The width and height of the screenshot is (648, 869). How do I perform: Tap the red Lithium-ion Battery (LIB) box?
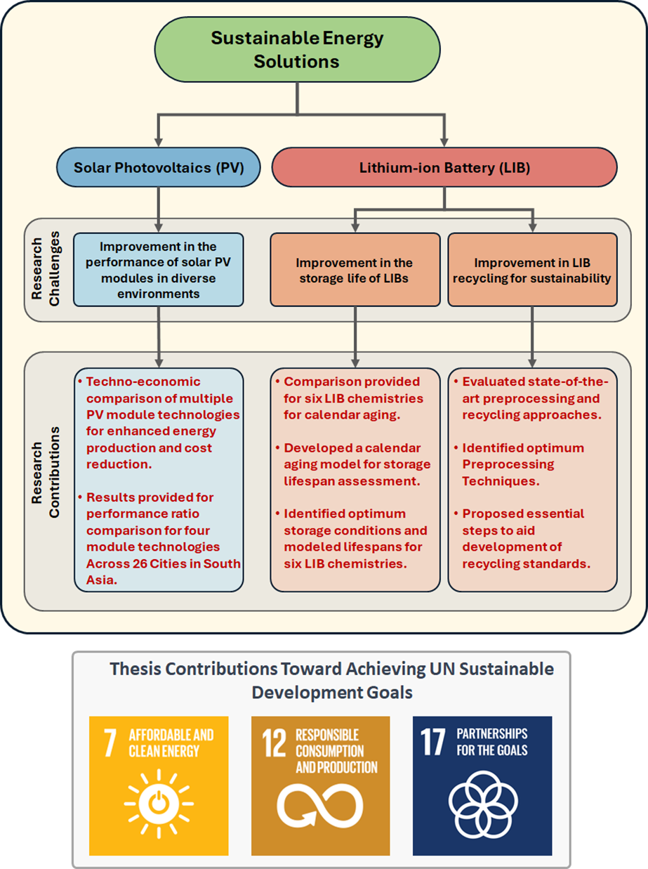(444, 169)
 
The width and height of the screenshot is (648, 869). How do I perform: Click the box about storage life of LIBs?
(355, 270)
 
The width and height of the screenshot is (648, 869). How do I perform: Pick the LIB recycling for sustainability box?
(532, 270)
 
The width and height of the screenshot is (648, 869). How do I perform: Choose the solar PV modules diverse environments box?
(159, 270)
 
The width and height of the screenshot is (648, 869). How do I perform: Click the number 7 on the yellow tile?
(110, 743)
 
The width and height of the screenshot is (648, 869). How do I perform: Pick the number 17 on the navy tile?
(433, 743)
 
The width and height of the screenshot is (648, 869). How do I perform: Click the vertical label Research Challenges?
(44, 269)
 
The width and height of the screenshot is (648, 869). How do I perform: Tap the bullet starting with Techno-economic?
(160, 422)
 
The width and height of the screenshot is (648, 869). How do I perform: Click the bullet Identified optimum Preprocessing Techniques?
(522, 464)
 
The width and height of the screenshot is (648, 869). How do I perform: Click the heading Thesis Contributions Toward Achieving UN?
(331, 669)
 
